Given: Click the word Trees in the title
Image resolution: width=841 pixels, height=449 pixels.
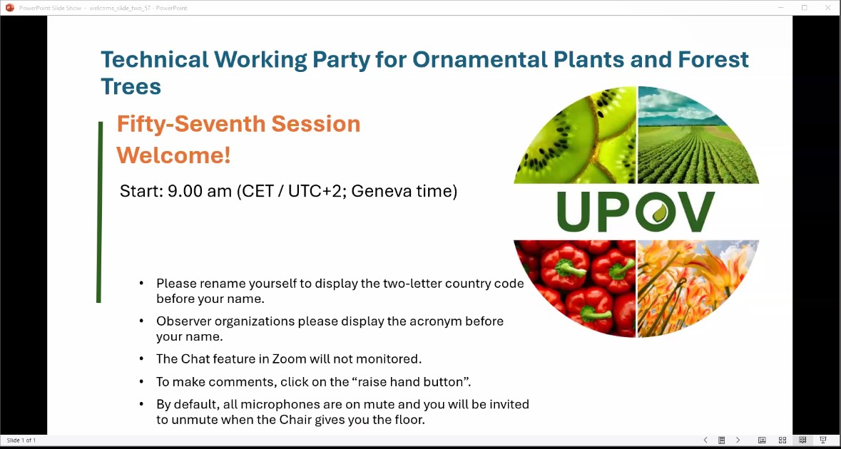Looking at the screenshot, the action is click(x=131, y=86).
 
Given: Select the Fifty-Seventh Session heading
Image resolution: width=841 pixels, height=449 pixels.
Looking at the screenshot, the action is click(x=239, y=124).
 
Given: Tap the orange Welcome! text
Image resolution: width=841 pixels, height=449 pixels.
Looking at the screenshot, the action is click(x=174, y=155).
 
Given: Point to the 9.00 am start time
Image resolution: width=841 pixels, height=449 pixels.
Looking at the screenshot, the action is click(x=200, y=191).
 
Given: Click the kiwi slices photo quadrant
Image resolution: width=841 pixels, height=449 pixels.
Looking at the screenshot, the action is click(x=575, y=137).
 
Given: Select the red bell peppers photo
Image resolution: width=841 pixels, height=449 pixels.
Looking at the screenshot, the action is click(x=574, y=288).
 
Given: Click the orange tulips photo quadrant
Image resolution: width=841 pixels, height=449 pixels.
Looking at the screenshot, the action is click(x=698, y=288).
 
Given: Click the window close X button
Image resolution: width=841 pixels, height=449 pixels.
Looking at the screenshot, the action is click(x=829, y=8).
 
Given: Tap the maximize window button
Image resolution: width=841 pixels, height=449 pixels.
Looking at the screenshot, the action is click(x=804, y=8).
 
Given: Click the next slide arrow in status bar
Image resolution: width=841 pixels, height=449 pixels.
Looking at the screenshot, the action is click(x=738, y=440).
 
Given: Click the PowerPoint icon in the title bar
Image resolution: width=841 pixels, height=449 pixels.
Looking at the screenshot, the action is click(x=9, y=8).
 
